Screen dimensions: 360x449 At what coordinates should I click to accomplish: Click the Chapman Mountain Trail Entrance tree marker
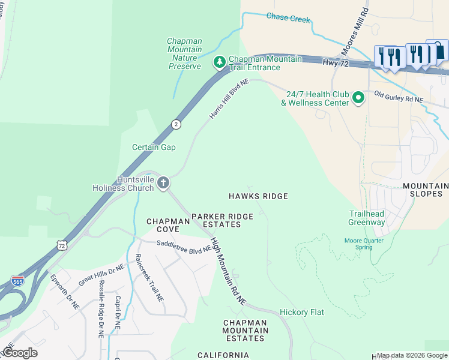click(220, 62)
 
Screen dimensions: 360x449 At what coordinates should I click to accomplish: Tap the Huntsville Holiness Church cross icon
click(163, 184)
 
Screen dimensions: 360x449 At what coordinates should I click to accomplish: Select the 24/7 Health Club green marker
click(358, 97)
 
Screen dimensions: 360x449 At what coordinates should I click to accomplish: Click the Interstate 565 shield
click(18, 281)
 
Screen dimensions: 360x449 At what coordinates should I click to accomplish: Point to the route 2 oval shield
click(175, 124)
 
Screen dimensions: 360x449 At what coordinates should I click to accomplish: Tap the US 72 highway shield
click(62, 245)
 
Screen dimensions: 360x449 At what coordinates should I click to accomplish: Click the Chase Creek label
click(288, 19)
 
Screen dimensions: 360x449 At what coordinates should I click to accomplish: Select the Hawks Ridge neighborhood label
click(258, 196)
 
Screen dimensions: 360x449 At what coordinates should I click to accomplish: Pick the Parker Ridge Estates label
click(221, 220)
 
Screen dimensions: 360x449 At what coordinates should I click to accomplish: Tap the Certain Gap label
click(154, 147)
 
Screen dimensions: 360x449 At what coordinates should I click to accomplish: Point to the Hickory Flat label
click(302, 312)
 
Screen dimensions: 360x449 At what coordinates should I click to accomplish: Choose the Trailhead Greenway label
click(367, 218)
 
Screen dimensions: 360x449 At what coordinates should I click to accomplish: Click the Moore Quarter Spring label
click(363, 244)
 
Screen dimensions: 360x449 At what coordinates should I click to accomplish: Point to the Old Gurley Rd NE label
click(399, 97)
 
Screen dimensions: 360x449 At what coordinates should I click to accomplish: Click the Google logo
click(19, 353)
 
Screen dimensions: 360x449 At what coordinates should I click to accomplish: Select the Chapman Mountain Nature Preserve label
click(184, 53)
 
